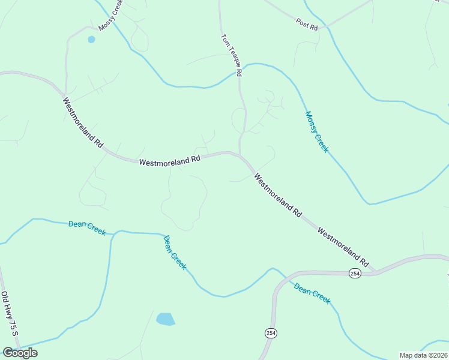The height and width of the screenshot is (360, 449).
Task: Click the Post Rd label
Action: (306, 22)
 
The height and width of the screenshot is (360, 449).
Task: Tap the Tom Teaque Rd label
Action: (231, 55)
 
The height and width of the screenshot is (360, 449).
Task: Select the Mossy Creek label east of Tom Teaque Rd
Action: (316, 131)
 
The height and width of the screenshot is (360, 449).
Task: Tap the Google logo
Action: (20, 353)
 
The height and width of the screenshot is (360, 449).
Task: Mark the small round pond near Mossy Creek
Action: (91, 40)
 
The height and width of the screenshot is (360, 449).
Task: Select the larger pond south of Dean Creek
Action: (165, 319)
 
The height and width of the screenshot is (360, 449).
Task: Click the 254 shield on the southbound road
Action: (270, 332)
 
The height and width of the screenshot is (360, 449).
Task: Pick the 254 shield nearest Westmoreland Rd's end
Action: (355, 273)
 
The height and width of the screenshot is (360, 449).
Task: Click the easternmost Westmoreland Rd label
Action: (343, 246)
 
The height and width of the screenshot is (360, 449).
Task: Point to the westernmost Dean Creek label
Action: (87, 227)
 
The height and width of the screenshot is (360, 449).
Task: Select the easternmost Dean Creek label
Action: (312, 294)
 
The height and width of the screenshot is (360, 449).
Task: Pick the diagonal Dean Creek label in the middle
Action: (175, 253)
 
